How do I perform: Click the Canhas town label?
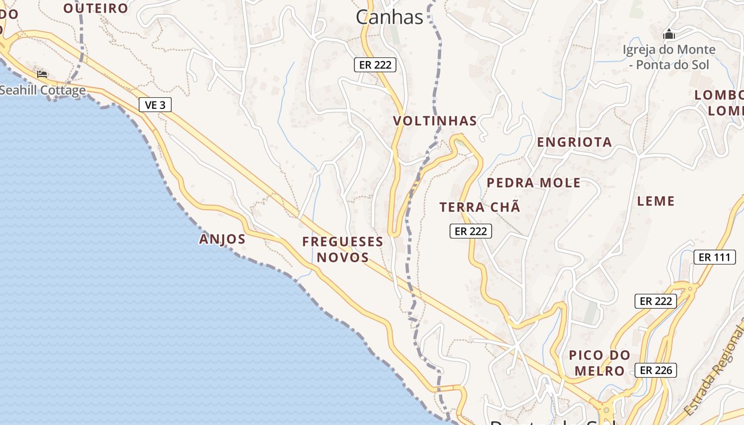[x=389, y=17]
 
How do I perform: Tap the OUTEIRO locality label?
[x=96, y=8]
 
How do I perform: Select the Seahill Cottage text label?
[x=43, y=90]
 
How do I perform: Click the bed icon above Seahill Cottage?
[x=42, y=74]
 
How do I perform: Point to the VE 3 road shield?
[x=155, y=105]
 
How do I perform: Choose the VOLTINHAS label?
[x=435, y=121]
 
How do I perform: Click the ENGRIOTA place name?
[x=574, y=142]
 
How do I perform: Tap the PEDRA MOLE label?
[x=534, y=183]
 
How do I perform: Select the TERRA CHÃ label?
[x=479, y=207]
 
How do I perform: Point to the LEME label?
[x=655, y=201]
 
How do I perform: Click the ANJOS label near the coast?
[x=222, y=239]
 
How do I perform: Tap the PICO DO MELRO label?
[x=599, y=362]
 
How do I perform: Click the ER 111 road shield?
[x=714, y=257]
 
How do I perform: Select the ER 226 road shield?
[x=656, y=370]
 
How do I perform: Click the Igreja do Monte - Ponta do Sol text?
[x=669, y=57]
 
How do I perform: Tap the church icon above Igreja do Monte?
[x=669, y=35]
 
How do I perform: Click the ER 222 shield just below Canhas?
[x=375, y=65]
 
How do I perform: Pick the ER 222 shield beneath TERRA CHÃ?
[x=471, y=231]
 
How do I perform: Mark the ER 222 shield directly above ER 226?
[x=656, y=301]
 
